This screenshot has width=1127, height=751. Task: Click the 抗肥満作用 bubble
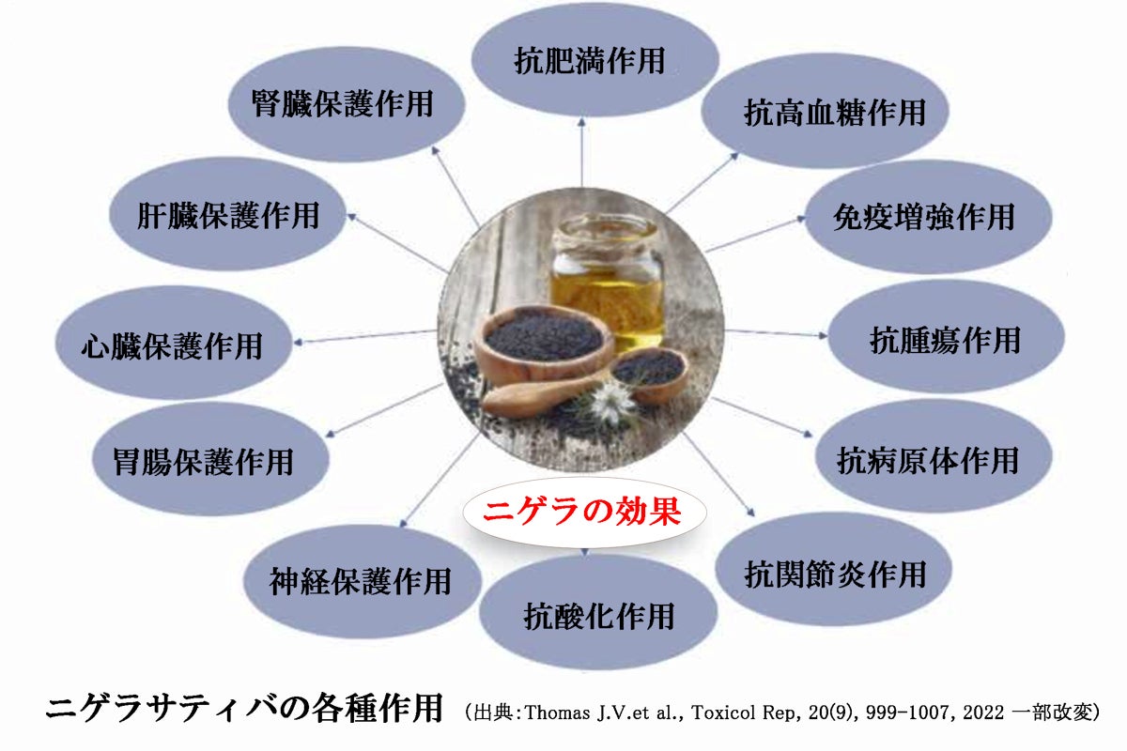tap(595, 60)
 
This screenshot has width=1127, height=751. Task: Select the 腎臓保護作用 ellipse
tap(347, 104)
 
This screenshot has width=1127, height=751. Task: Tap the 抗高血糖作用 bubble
tap(826, 111)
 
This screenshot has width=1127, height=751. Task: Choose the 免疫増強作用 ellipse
tap(929, 217)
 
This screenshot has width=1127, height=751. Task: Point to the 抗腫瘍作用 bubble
tap(947, 337)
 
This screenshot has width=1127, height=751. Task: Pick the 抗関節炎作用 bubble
tap(834, 570)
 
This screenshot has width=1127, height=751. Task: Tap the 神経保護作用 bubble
tap(363, 582)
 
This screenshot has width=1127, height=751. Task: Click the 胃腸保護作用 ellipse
tap(210, 459)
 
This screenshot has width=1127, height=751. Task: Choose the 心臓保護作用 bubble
tap(174, 343)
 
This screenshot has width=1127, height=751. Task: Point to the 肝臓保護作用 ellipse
tap(228, 214)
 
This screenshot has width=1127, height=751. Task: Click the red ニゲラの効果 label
tap(582, 512)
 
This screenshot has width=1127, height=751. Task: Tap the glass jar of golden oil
tap(608, 282)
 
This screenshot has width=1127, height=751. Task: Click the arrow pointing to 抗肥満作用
tap(582, 152)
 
